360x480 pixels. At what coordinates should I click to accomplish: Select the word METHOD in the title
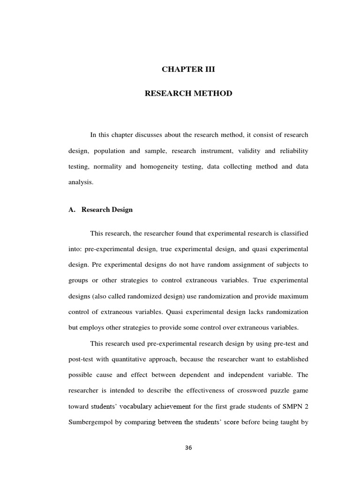[214, 93]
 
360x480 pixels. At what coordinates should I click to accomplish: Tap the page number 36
[188, 448]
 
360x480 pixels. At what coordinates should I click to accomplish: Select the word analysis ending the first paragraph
[81, 183]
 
